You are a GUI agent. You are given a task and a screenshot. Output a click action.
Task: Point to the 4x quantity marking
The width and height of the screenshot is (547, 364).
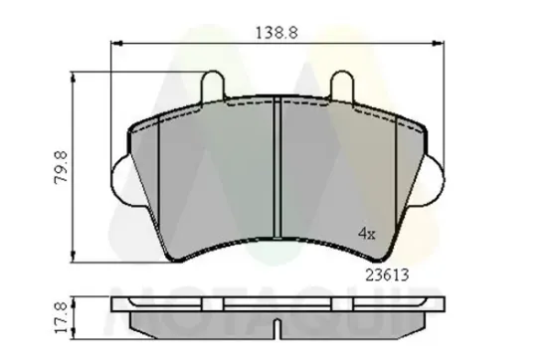click(366, 234)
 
